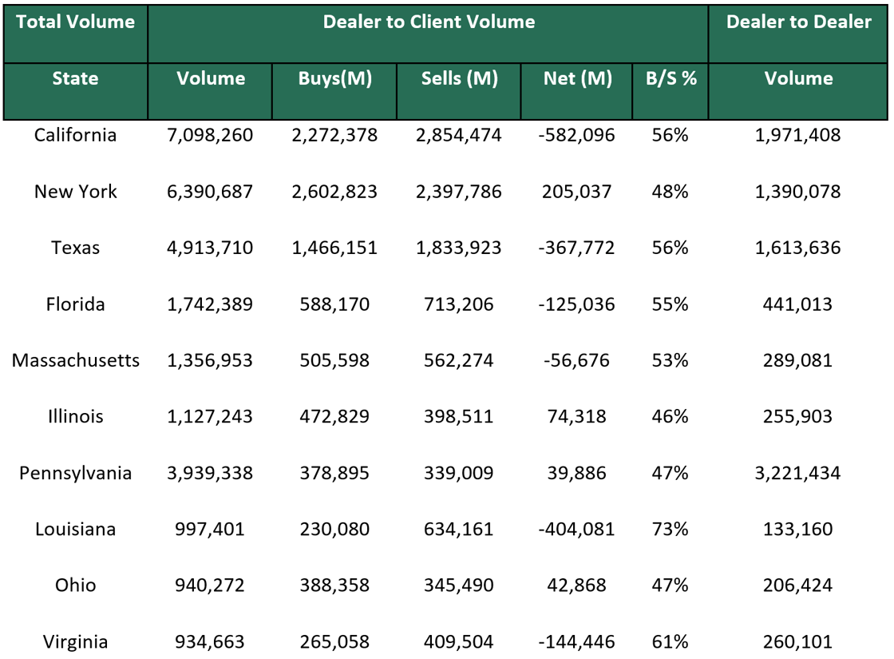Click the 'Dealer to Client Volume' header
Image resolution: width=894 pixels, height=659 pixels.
pyautogui.click(x=429, y=22)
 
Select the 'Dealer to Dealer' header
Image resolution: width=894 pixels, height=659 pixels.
pyautogui.click(x=798, y=22)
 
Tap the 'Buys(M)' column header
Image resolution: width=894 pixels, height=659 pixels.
pyautogui.click(x=335, y=78)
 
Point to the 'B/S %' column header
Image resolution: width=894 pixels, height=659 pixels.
pyautogui.click(x=670, y=78)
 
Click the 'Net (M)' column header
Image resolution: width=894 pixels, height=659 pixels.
pyautogui.click(x=577, y=78)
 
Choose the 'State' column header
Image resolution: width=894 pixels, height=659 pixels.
pyautogui.click(x=76, y=78)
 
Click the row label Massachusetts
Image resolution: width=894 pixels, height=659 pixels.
pyautogui.click(x=76, y=360)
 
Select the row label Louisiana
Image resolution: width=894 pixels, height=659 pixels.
pyautogui.click(x=76, y=529)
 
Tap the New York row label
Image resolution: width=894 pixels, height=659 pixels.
pyautogui.click(x=76, y=192)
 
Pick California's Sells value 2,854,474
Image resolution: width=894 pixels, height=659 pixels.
pyautogui.click(x=459, y=135)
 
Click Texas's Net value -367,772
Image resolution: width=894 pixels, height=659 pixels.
pyautogui.click(x=577, y=248)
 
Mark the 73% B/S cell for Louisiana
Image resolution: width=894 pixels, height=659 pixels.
pyautogui.click(x=670, y=529)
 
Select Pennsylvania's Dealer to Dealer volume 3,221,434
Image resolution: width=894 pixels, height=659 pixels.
pyautogui.click(x=798, y=473)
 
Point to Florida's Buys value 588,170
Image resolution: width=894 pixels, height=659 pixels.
pyautogui.click(x=335, y=304)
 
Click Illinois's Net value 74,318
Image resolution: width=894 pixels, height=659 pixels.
pyautogui.click(x=577, y=416)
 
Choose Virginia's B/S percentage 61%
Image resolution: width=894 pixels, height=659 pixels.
pyautogui.click(x=670, y=641)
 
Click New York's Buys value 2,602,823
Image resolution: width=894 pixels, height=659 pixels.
pyautogui.click(x=335, y=192)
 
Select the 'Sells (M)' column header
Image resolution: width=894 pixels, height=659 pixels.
pyautogui.click(x=459, y=78)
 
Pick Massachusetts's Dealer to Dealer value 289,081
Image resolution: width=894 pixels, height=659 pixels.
pyautogui.click(x=798, y=360)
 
